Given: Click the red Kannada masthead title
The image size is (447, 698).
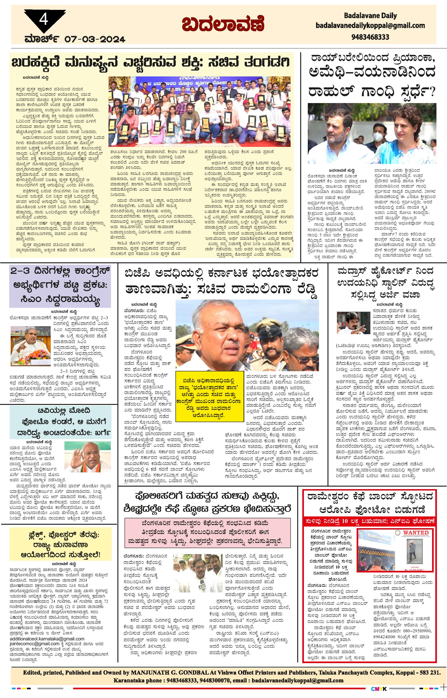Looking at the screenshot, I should point(223,24).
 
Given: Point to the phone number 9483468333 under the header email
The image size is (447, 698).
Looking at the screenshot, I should point(370,37).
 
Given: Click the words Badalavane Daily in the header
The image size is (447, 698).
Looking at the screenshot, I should point(370,16).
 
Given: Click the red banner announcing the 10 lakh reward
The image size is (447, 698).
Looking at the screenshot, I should point(369,521).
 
